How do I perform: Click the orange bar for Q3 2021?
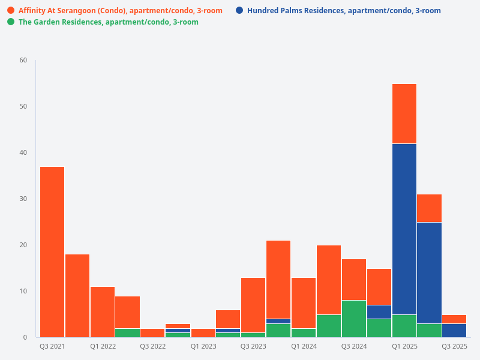point(52,252)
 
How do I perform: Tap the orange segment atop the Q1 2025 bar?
point(404,114)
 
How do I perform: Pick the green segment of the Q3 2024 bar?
point(353,319)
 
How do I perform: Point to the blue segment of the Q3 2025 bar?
point(454,331)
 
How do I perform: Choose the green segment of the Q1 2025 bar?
point(404,326)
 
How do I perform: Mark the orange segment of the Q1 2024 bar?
point(303,303)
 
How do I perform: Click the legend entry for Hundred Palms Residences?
point(344,11)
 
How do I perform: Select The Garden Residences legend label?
point(108,22)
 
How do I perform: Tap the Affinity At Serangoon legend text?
point(120,11)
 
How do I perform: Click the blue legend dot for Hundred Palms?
point(239,11)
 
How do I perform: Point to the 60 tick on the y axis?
point(23,60)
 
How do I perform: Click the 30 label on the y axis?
point(23,199)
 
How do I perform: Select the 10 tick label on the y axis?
point(23,291)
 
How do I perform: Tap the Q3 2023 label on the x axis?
point(253,346)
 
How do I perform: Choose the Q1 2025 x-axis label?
point(404,346)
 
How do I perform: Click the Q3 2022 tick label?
point(152,346)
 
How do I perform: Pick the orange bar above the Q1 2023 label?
point(203,333)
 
